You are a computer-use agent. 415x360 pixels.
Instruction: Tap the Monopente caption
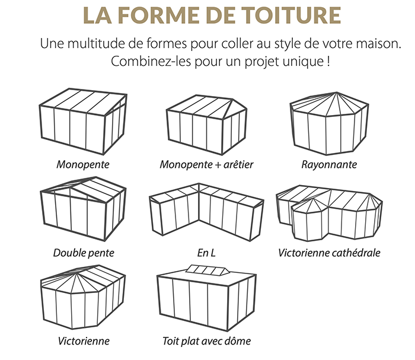click(x=83, y=164)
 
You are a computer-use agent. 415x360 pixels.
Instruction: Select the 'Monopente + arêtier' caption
click(x=206, y=164)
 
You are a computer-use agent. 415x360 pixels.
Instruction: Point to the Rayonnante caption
click(x=329, y=164)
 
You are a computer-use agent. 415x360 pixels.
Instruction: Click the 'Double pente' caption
click(x=84, y=253)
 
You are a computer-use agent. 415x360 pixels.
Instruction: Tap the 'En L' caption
click(x=206, y=253)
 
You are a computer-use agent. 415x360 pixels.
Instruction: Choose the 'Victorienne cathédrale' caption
click(x=329, y=253)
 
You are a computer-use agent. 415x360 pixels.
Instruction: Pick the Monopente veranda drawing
click(x=83, y=122)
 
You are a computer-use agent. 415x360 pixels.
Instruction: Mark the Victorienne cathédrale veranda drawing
click(x=329, y=211)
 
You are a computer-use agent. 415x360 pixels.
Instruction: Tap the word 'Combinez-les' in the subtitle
click(x=141, y=61)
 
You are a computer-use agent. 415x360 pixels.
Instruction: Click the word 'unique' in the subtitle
click(x=307, y=61)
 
